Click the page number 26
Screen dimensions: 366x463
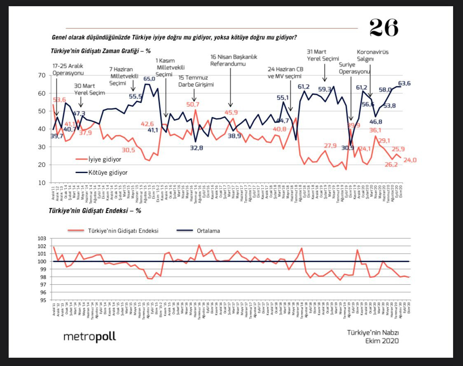(x=383, y=28)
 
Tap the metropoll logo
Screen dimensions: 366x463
(x=89, y=337)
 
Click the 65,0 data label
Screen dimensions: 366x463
(x=149, y=79)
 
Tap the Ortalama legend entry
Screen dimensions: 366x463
(x=208, y=231)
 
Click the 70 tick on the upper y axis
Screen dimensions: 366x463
(x=41, y=75)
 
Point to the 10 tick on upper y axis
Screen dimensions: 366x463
(x=41, y=183)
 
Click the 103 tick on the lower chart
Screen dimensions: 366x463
(x=42, y=239)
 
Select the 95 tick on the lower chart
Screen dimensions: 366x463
(x=43, y=300)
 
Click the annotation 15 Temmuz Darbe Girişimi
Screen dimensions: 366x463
(x=196, y=81)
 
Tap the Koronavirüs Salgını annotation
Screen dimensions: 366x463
(x=373, y=56)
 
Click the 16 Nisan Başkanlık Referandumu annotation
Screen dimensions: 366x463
(x=234, y=61)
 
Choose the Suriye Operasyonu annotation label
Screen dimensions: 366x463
(x=355, y=68)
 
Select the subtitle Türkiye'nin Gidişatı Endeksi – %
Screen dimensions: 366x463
(x=95, y=210)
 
